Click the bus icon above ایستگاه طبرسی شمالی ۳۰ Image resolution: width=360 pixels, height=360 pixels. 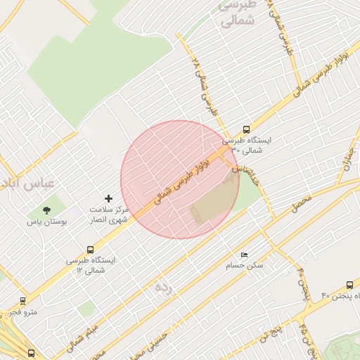point(246,129)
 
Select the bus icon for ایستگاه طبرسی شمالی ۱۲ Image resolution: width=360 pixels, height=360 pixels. point(90,250)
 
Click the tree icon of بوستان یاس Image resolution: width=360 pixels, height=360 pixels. point(47,210)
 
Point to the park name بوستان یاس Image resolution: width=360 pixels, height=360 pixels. point(46,221)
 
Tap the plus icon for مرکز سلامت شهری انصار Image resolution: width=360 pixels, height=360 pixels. point(108,199)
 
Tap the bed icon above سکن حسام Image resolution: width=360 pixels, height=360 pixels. point(244,254)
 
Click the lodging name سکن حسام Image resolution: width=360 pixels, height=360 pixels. point(244,266)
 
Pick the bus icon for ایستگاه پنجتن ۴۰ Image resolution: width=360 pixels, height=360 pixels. point(349,285)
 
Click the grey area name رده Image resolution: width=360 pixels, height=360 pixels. point(163,287)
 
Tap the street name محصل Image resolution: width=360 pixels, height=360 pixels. point(301,205)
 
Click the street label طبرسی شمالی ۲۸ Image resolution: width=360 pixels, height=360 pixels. point(202,86)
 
